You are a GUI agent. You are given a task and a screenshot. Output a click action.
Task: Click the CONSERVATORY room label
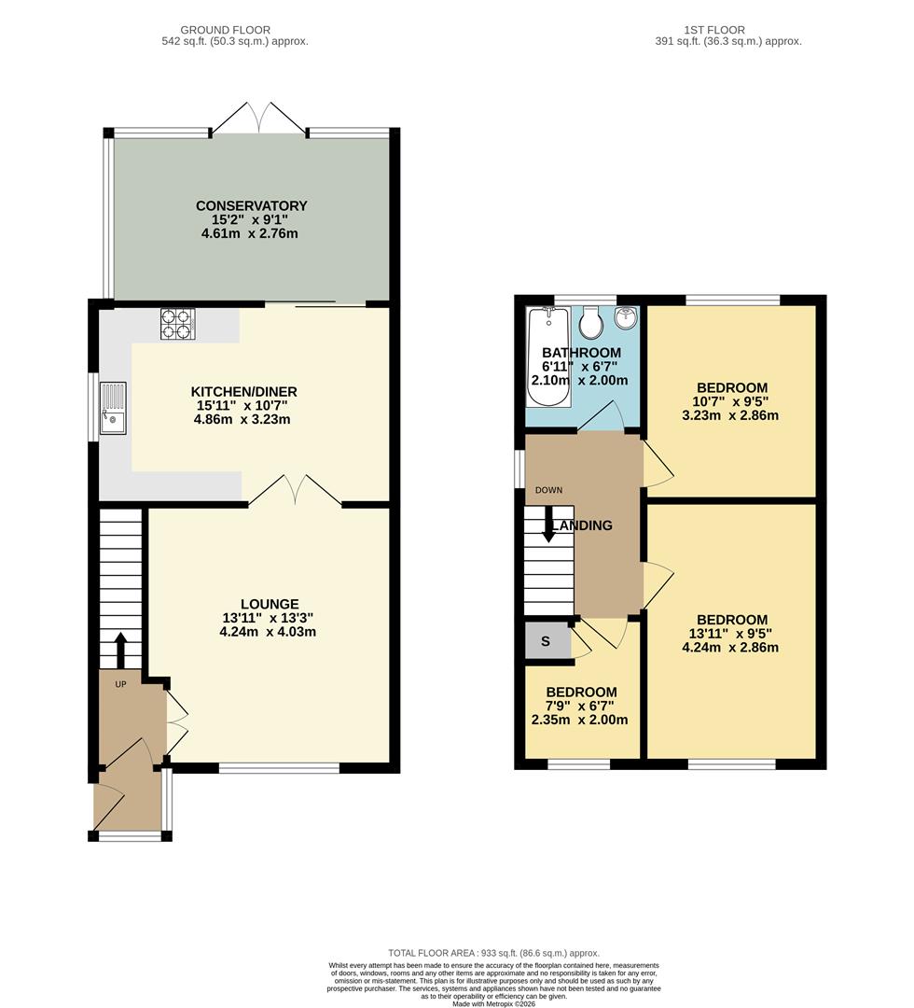(x=251, y=205)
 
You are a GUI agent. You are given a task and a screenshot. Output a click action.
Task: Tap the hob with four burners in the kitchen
(x=176, y=323)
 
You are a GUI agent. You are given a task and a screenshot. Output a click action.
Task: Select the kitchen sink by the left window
(x=114, y=409)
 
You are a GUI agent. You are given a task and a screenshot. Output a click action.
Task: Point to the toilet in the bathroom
(x=590, y=323)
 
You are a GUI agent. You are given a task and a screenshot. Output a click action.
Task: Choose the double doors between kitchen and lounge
(x=295, y=490)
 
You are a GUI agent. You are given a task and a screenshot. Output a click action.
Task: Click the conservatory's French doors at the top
(x=259, y=119)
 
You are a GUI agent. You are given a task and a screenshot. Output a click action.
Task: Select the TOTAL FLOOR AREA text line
(x=494, y=953)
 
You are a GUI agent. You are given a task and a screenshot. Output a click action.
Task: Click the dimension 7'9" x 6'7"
(x=582, y=706)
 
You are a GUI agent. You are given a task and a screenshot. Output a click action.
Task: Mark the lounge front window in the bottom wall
(x=279, y=768)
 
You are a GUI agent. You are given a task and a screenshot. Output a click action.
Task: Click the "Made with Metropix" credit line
(x=494, y=1003)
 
